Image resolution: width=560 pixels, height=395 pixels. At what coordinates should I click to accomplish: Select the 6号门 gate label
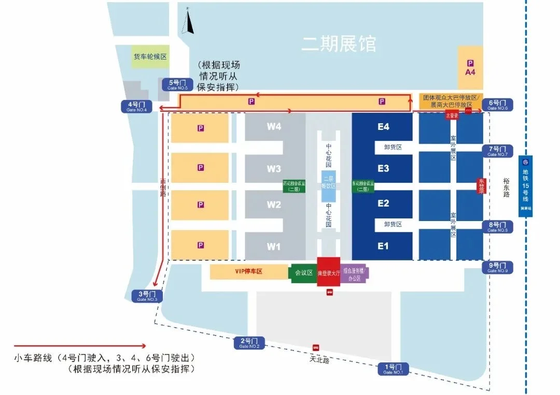click(x=498, y=105)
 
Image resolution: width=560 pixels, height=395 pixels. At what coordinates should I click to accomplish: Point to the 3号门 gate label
click(x=148, y=296)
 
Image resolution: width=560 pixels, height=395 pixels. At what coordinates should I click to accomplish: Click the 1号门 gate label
click(x=393, y=369)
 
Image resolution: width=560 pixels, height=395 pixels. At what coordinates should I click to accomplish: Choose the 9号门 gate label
click(x=498, y=267)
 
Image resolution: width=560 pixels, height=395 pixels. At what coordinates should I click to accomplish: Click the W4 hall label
click(x=274, y=126)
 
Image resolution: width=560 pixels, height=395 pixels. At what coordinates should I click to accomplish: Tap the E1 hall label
click(x=383, y=246)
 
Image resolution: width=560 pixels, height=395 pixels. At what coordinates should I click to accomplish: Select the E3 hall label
click(x=383, y=169)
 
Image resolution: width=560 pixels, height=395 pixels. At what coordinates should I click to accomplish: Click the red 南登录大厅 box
click(x=328, y=270)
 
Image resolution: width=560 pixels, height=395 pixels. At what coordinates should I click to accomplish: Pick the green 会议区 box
click(x=303, y=273)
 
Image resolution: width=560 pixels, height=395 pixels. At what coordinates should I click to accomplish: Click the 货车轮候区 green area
click(x=150, y=57)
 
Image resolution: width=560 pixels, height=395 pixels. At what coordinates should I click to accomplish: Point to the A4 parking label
click(x=470, y=67)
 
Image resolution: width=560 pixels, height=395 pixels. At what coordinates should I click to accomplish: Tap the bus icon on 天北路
click(x=315, y=347)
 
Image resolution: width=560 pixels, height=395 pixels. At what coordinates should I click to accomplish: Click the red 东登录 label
click(x=481, y=186)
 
